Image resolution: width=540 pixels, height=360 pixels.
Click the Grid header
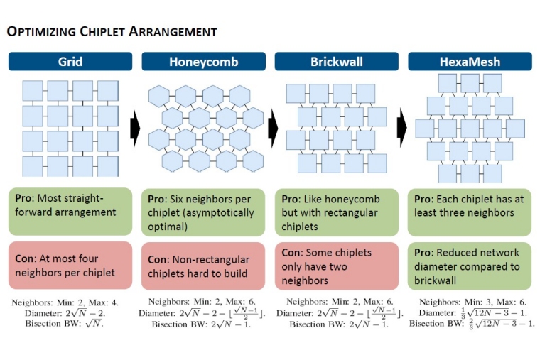coord(70,62)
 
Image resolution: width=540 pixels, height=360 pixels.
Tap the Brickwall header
coord(336,62)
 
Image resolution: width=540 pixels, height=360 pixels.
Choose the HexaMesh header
coord(470,62)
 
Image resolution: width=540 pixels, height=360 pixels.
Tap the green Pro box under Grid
coord(70,211)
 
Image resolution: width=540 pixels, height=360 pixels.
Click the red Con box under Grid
coord(70,264)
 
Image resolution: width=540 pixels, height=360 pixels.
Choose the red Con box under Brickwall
coord(336,264)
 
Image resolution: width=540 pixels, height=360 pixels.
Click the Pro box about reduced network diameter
coord(470,264)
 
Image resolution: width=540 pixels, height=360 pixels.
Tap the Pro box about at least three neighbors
coord(470,211)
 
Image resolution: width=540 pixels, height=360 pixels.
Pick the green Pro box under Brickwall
coord(336,211)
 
